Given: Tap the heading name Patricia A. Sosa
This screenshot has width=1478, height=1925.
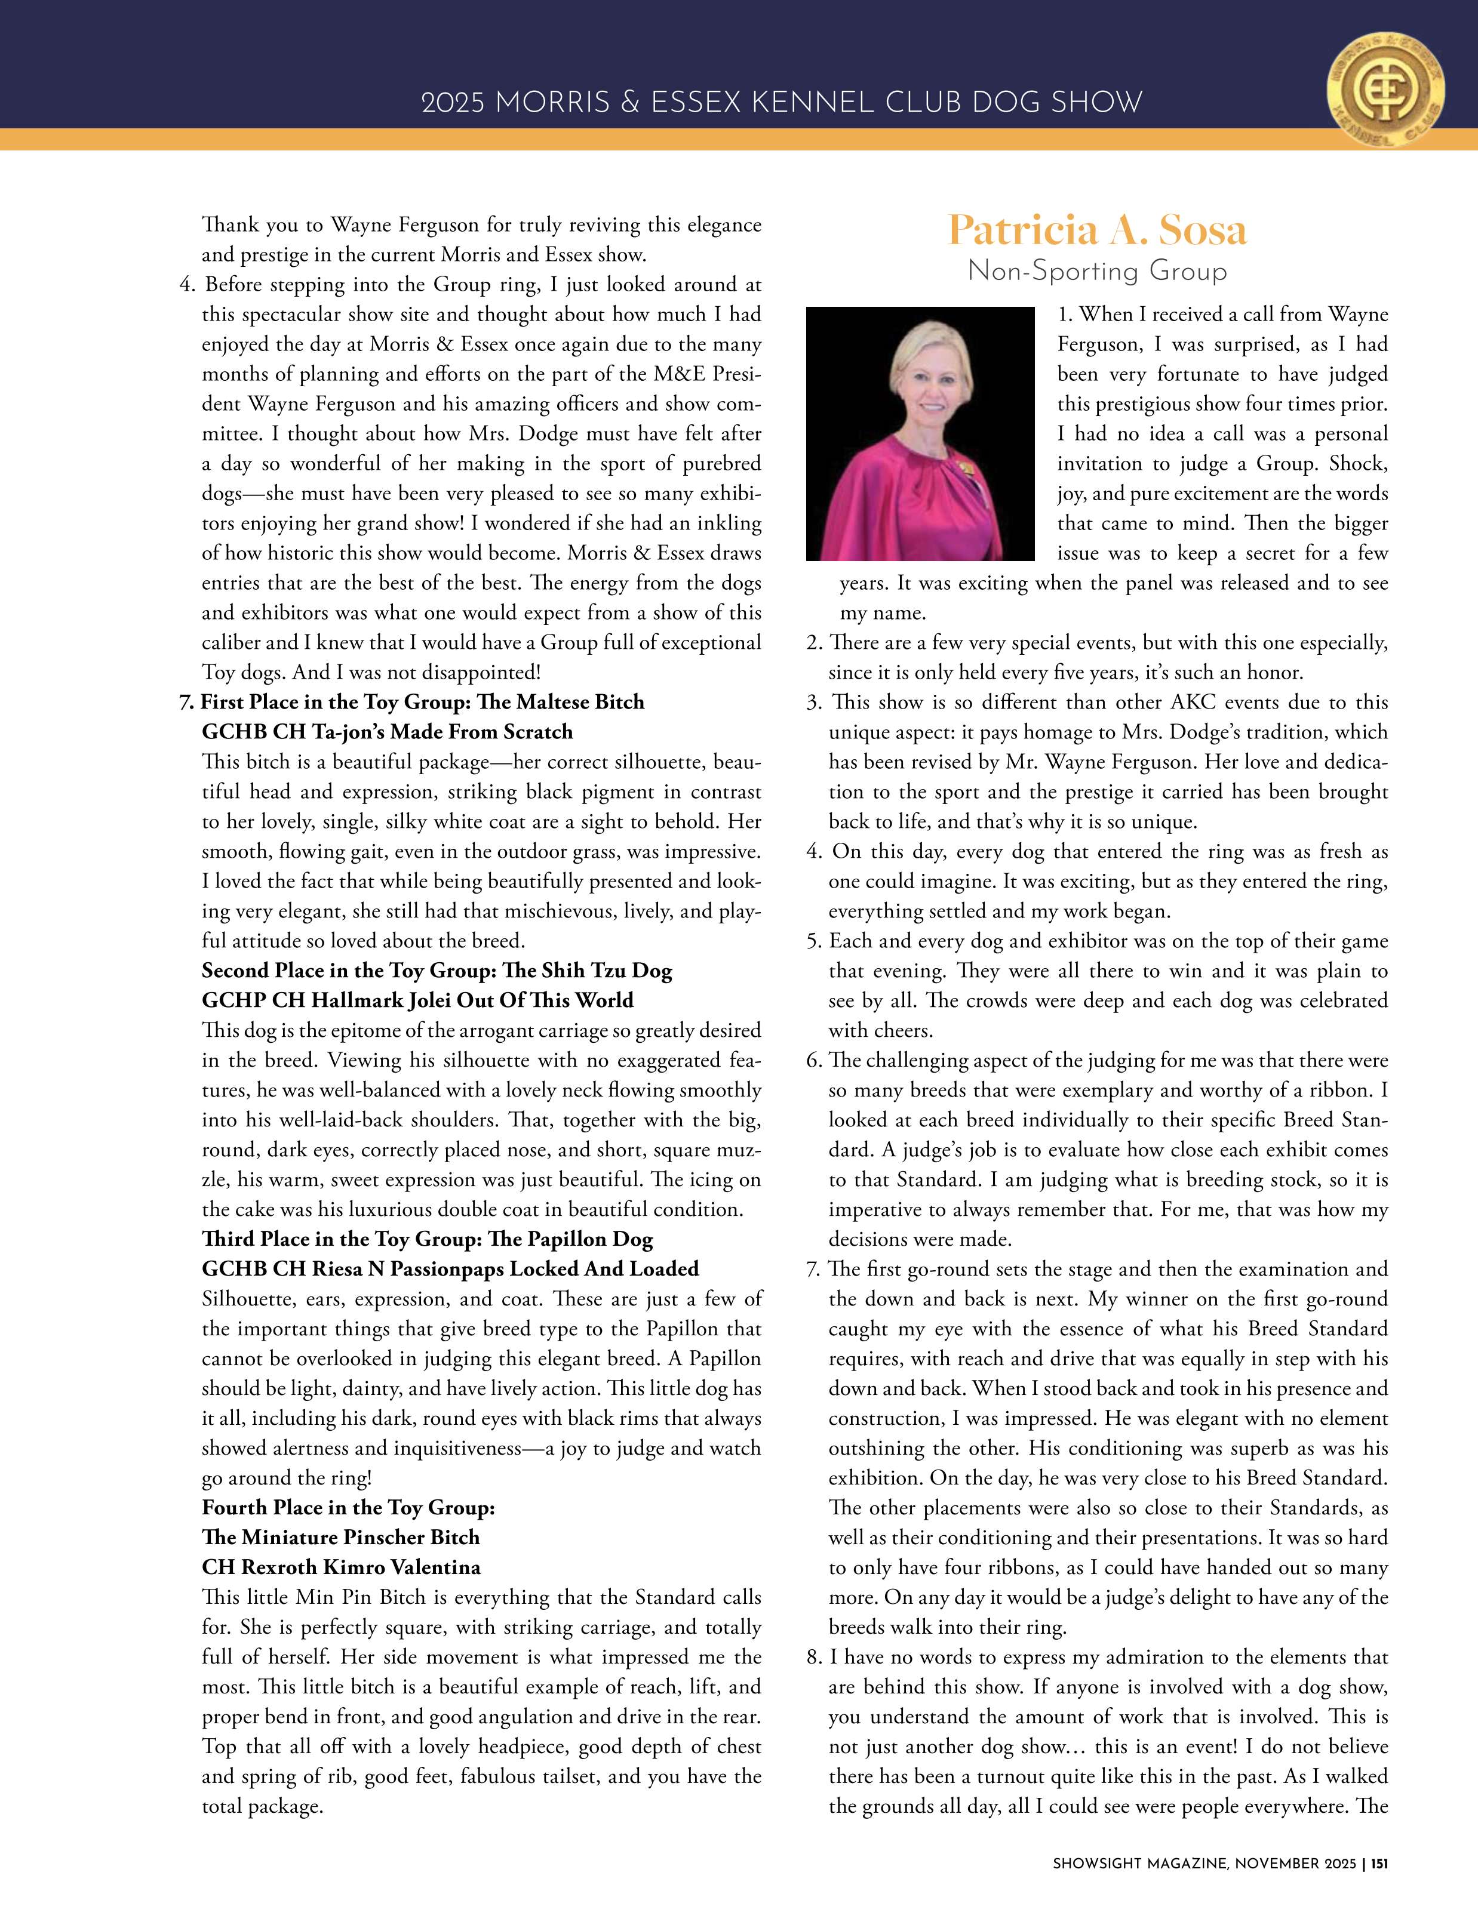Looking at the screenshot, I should click(1096, 230).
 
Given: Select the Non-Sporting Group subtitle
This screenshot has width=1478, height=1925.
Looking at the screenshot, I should click(1096, 271).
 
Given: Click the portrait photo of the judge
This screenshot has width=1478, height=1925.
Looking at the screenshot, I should click(920, 433).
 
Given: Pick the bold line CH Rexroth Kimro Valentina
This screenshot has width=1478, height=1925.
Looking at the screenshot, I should click(342, 1566).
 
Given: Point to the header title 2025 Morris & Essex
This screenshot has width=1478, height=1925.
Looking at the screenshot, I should click(781, 102).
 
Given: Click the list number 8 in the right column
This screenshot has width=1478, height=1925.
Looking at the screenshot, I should click(814, 1657).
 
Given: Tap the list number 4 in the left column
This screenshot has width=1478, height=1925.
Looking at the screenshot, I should click(186, 285).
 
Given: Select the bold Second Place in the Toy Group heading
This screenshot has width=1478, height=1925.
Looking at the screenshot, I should click(437, 970).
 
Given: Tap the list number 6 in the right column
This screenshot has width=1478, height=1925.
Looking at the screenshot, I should click(814, 1061).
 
